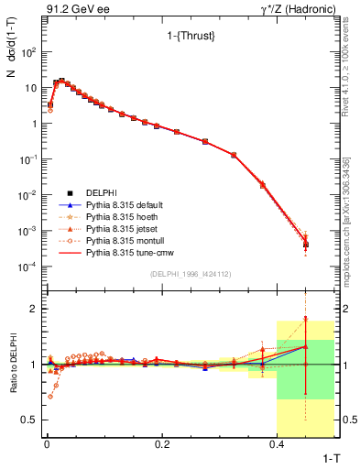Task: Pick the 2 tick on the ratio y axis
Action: pyautogui.click(x=34, y=309)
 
